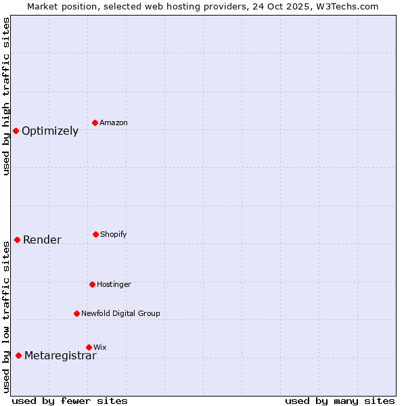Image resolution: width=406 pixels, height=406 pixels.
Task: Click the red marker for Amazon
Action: click(95, 122)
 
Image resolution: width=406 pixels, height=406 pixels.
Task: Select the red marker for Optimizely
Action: click(16, 131)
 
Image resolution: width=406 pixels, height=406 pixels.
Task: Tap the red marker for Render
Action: click(17, 240)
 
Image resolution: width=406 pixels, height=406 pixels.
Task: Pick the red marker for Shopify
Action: click(95, 234)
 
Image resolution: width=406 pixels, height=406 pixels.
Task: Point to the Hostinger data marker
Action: click(92, 284)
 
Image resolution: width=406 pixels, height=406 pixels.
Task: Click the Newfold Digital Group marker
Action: click(76, 313)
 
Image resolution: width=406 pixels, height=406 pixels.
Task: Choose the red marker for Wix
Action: click(89, 347)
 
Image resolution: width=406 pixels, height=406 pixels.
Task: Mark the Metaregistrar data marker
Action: click(18, 356)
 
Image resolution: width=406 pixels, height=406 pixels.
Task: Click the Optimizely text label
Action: click(50, 131)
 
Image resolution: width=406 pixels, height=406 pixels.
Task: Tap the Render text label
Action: click(42, 240)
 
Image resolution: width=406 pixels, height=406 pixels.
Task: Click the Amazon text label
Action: click(114, 123)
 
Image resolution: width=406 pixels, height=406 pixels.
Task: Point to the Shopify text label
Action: click(114, 235)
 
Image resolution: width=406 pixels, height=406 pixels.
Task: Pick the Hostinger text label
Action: click(114, 285)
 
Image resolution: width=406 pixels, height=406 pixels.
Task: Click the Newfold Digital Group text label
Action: click(120, 314)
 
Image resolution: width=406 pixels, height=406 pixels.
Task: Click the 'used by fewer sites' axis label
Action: click(69, 401)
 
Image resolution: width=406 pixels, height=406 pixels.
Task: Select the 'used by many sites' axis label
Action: click(340, 401)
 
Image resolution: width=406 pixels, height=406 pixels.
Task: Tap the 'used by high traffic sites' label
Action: click(6, 96)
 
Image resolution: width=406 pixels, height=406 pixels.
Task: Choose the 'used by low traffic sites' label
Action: click(6, 317)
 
